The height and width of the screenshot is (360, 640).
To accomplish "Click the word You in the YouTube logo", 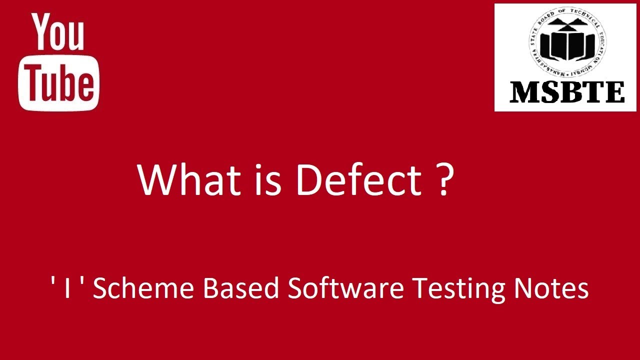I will coord(58,32).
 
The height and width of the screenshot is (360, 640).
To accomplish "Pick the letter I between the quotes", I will coord(67,289).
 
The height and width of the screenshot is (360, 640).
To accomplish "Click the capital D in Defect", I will coord(308,179).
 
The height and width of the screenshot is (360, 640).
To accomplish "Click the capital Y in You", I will coord(42,31).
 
